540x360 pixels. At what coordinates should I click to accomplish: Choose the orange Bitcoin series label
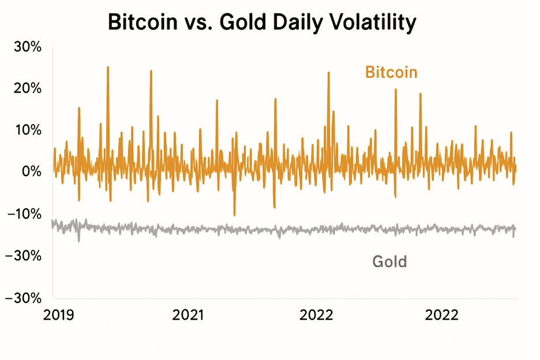coord(391,73)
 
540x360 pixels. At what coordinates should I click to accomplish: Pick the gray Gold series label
coord(389,261)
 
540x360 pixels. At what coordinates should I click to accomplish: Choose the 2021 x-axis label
coord(189,315)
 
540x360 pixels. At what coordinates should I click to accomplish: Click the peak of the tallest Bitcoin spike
coord(108,67)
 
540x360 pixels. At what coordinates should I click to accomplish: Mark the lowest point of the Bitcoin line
coord(234,215)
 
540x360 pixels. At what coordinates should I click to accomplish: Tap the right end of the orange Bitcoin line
coord(516,169)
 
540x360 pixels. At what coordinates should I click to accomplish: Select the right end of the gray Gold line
coord(515,229)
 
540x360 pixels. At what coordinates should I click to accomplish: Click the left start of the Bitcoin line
coord(53,171)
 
